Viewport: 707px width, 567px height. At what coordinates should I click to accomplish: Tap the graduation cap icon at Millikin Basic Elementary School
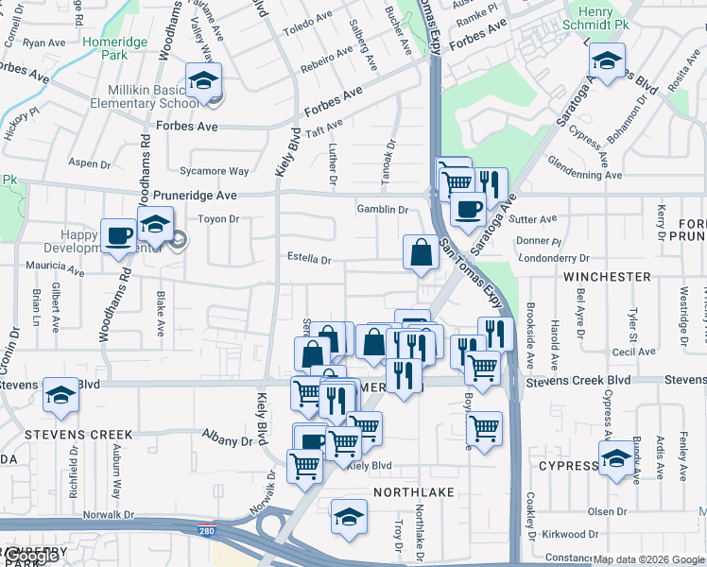203,83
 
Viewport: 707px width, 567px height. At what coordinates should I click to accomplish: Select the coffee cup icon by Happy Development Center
119,235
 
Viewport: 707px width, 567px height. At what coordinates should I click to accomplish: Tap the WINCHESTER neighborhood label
607,277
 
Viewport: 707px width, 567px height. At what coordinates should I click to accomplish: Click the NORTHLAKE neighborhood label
414,493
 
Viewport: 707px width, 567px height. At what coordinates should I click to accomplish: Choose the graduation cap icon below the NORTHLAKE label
349,518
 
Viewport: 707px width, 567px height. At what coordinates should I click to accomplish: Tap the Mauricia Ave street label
55,267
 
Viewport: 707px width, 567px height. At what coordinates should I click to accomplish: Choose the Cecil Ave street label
633,351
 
